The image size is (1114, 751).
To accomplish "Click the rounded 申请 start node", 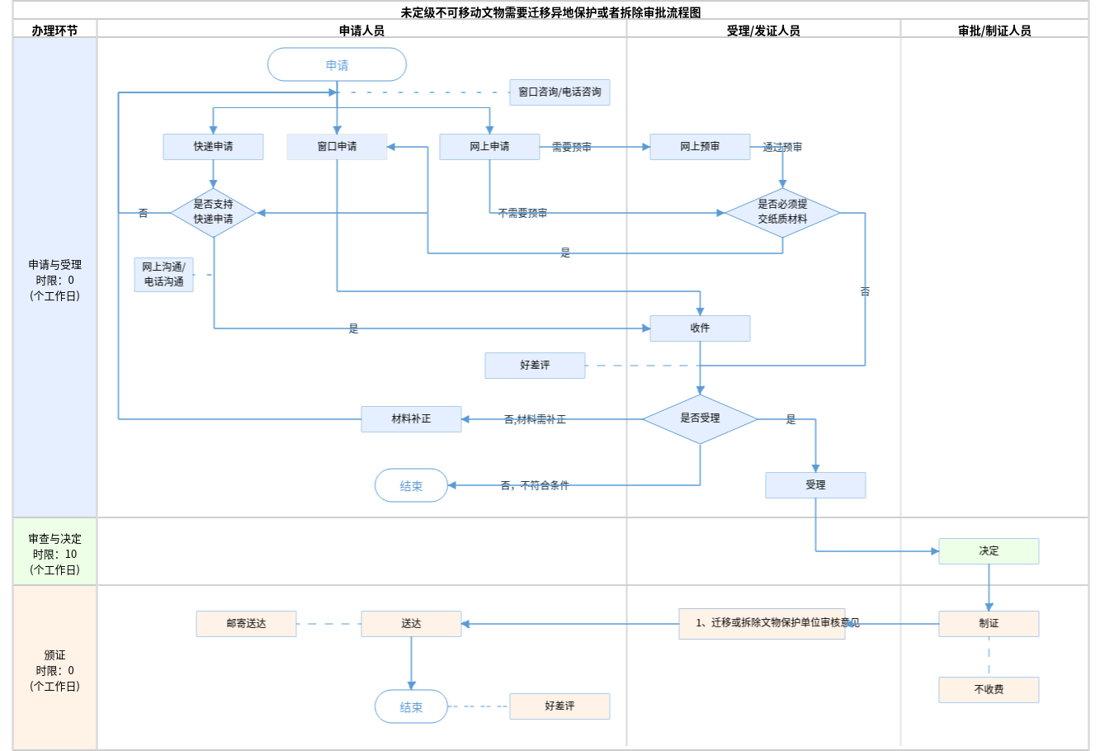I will click(337, 64).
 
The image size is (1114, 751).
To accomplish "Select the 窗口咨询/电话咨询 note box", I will click(559, 92).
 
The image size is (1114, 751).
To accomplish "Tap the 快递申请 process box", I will click(213, 147).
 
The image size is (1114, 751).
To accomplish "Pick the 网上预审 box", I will click(700, 147).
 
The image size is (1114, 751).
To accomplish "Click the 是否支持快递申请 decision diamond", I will click(213, 212).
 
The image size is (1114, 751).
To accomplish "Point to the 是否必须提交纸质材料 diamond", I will click(782, 212).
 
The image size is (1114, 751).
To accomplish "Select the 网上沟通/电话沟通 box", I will click(164, 275).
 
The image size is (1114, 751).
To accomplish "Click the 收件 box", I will click(700, 328).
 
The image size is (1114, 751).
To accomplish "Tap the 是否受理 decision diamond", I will click(700, 418).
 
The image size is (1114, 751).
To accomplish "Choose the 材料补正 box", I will click(411, 419).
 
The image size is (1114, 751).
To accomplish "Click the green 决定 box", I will click(989, 551).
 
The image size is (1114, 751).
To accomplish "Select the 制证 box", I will click(989, 624).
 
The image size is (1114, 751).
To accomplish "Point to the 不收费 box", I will click(989, 690).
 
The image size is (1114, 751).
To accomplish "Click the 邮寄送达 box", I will click(246, 624).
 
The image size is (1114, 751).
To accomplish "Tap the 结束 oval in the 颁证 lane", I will click(411, 706).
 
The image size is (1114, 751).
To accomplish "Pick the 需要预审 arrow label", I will click(571, 147).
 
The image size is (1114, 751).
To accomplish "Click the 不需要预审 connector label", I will click(522, 213).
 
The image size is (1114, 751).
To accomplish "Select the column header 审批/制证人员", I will click(994, 31).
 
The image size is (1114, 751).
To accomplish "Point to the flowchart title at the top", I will click(550, 12).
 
